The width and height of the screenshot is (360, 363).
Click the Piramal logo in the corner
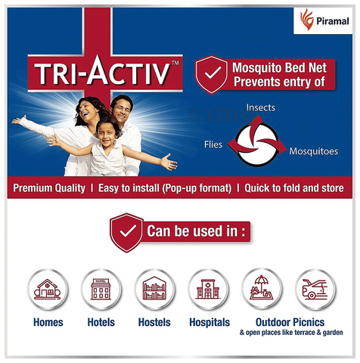pyautogui.click(x=324, y=20)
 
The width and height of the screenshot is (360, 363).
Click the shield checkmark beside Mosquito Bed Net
pyautogui.click(x=212, y=74)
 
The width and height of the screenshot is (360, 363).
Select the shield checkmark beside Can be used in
pyautogui.click(x=127, y=232)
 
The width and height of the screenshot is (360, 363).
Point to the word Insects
pyautogui.click(x=260, y=107)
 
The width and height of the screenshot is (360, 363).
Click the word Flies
pyautogui.click(x=213, y=144)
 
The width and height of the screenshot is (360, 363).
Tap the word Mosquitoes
pyautogui.click(x=313, y=151)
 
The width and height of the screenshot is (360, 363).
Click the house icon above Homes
pyautogui.click(x=48, y=290)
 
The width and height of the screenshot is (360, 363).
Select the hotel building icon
pyautogui.click(x=101, y=290)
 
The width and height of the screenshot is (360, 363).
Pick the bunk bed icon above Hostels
pyautogui.click(x=154, y=290)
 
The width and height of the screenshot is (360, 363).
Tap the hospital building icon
pyautogui.click(x=208, y=290)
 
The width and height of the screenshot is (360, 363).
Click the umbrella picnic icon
pyautogui.click(x=262, y=289)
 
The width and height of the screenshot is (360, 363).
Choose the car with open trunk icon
pyautogui.click(x=315, y=290)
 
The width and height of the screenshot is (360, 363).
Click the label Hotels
pyautogui.click(x=101, y=322)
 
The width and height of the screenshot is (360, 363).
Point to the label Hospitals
pyautogui.click(x=209, y=322)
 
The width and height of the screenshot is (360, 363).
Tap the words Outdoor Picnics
pyautogui.click(x=290, y=322)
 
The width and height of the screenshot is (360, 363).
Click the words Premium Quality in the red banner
pyautogui.click(x=49, y=188)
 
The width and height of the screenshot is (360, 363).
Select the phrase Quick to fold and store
pyautogui.click(x=294, y=188)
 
